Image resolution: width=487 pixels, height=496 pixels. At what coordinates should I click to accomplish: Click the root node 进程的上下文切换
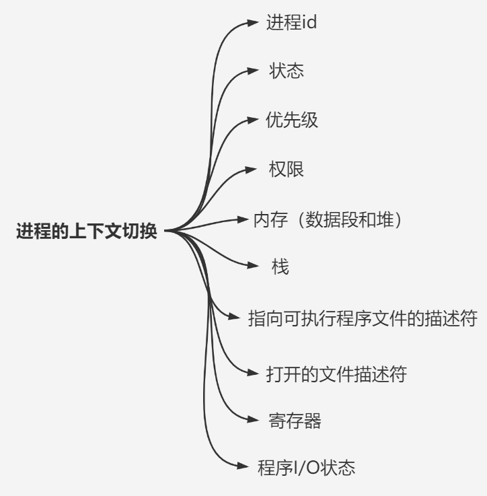(87, 232)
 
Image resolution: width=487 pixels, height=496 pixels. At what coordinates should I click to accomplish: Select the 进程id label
(291, 22)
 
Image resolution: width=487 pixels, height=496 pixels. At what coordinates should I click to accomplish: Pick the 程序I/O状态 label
(306, 467)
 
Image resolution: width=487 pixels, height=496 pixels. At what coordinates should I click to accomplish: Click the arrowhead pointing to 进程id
(254, 22)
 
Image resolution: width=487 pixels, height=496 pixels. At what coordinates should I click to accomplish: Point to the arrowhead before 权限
(254, 169)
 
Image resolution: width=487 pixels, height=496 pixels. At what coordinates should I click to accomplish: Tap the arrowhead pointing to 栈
(254, 267)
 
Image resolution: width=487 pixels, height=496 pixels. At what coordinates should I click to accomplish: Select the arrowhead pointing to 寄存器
(254, 421)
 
